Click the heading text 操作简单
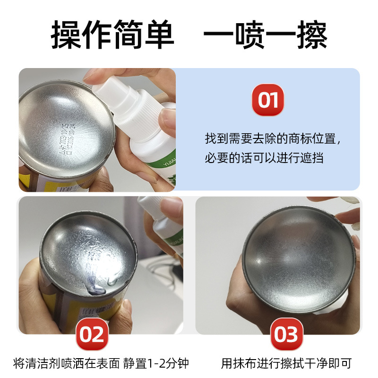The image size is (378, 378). pos(112,34)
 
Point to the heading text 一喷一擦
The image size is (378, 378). pos(265,34)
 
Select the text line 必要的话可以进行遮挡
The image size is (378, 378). pos(264,158)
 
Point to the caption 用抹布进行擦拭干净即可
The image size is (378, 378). pos(286,363)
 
